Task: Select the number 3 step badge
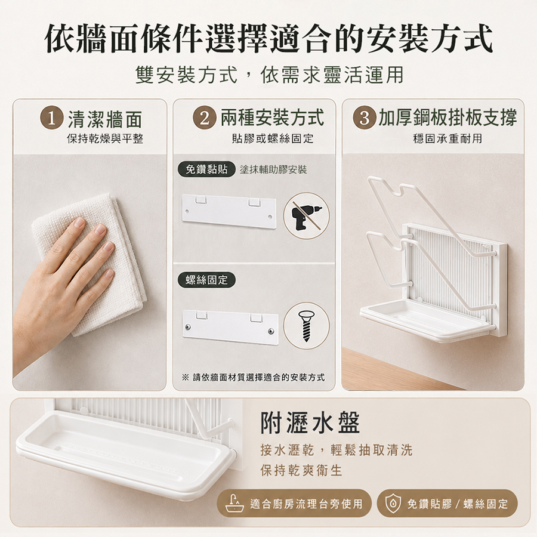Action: [365, 118]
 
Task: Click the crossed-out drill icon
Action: [306, 216]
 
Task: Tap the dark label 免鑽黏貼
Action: [206, 169]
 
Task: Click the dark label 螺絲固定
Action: [206, 280]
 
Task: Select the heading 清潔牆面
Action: [105, 119]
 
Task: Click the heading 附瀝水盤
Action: [310, 422]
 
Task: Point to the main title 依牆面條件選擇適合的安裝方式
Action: [268, 38]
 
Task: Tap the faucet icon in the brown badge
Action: [234, 503]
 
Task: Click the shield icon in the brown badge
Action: [393, 504]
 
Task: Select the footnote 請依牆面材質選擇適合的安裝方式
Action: [258, 378]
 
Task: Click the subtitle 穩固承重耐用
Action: [447, 138]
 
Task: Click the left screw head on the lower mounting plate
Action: [188, 327]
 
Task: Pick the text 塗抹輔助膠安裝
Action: [273, 169]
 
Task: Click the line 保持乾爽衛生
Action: [301, 470]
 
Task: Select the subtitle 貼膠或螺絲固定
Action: [273, 138]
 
